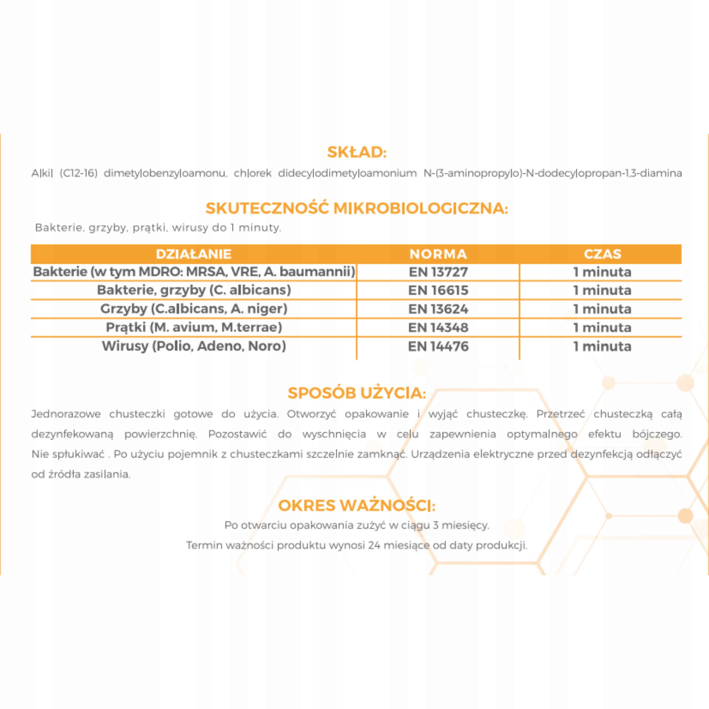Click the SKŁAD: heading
[357, 152]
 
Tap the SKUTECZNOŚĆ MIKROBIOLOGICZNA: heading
[357, 209]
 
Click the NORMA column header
[438, 254]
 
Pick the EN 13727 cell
[438, 272]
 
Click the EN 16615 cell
[438, 290]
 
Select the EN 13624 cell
[438, 309]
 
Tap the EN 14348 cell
[438, 327]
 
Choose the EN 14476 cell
[438, 346]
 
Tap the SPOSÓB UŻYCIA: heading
[357, 393]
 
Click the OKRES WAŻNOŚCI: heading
[357, 505]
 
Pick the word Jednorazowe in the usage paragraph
[66, 414]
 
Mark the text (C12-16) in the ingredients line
[79, 173]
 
